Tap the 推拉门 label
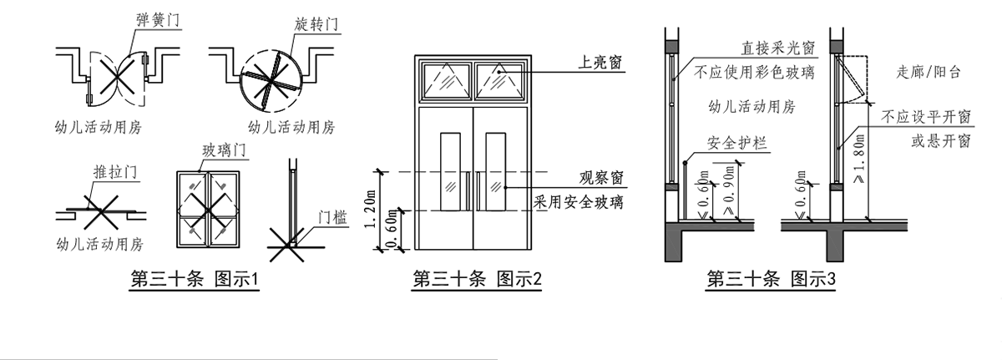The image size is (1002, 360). click(114, 174)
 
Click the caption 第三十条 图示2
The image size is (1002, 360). click(478, 280)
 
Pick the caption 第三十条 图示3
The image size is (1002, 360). click(771, 279)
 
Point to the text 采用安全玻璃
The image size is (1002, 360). click(582, 201)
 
